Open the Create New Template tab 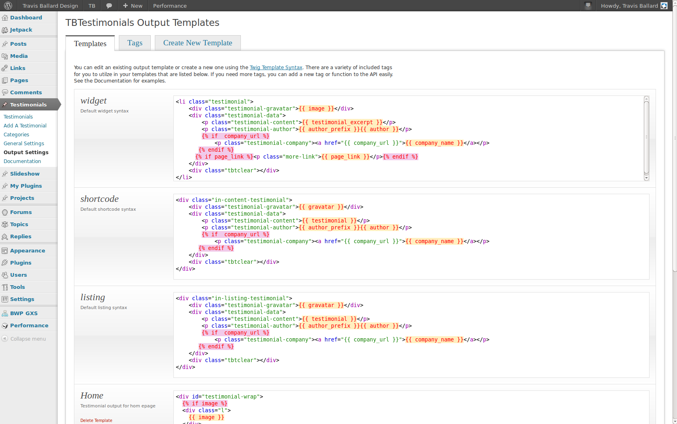[198, 43]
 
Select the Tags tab [135, 43]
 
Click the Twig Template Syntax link [276, 68]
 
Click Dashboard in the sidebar [26, 17]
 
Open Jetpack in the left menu [21, 30]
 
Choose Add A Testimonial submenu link [25, 125]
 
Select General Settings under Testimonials [24, 143]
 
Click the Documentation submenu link [22, 161]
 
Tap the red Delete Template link [96, 420]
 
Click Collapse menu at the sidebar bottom [28, 339]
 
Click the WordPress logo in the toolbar [8, 6]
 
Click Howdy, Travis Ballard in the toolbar [629, 6]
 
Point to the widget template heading [93, 100]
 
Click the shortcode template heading [99, 199]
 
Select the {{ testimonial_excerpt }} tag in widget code [342, 122]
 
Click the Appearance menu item [27, 250]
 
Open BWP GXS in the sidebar [24, 313]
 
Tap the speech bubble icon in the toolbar [109, 6]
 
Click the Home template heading [92, 395]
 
